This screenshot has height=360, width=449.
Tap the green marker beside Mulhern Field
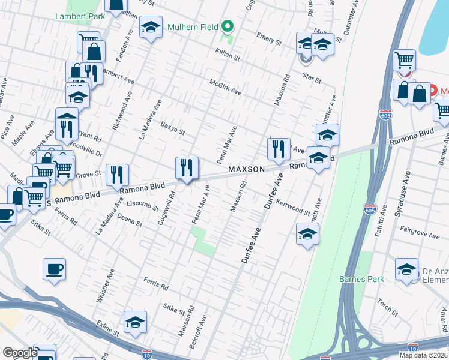[227, 26]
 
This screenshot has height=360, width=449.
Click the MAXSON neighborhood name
[246, 170]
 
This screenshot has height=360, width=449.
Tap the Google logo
[20, 353]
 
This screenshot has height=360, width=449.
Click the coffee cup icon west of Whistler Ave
[54, 269]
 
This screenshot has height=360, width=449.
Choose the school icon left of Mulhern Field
[151, 27]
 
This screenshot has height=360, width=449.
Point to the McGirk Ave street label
[225, 88]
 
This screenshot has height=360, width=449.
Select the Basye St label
[172, 128]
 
